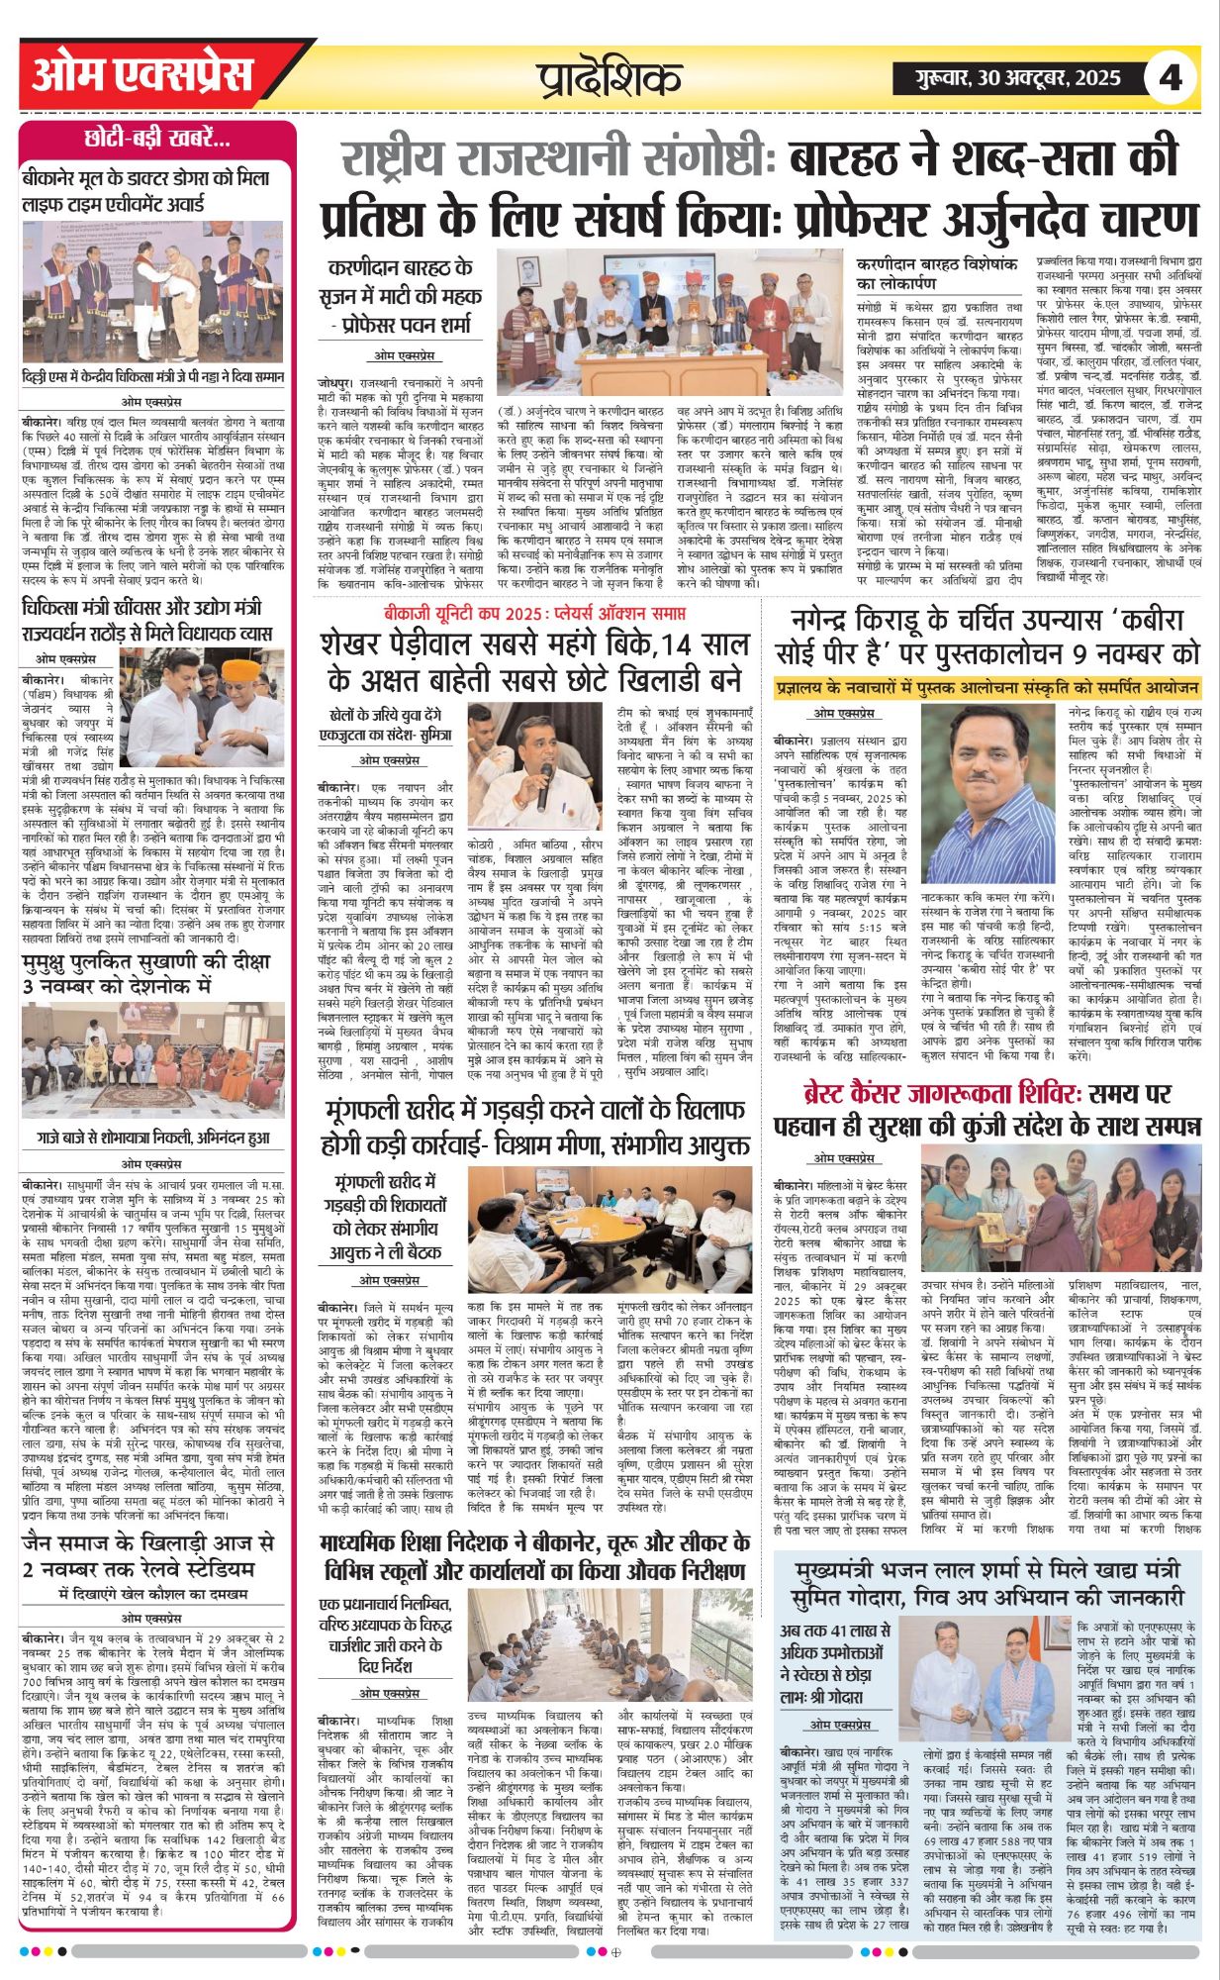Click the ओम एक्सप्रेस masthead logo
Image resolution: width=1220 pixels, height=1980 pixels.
[x=142, y=74]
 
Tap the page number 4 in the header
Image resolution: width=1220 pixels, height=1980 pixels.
[x=1171, y=76]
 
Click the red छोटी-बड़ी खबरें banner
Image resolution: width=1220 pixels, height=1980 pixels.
[x=157, y=139]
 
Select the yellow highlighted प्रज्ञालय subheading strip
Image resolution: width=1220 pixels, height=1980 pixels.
[x=986, y=687]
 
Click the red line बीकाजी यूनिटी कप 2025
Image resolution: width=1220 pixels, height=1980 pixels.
[x=535, y=615]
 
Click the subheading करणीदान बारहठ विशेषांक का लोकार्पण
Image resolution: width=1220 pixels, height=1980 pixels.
[x=937, y=275]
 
